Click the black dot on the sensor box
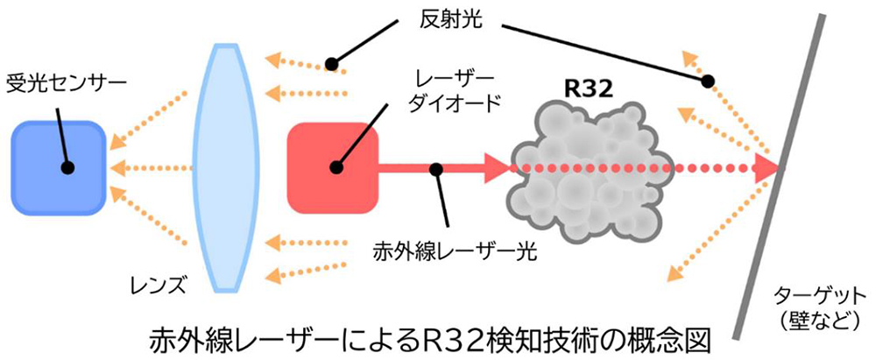[x=67, y=166]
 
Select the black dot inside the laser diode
[x=333, y=167]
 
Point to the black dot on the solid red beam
[x=433, y=167]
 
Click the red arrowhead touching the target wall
[x=768, y=167]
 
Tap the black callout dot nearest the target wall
[x=707, y=81]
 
